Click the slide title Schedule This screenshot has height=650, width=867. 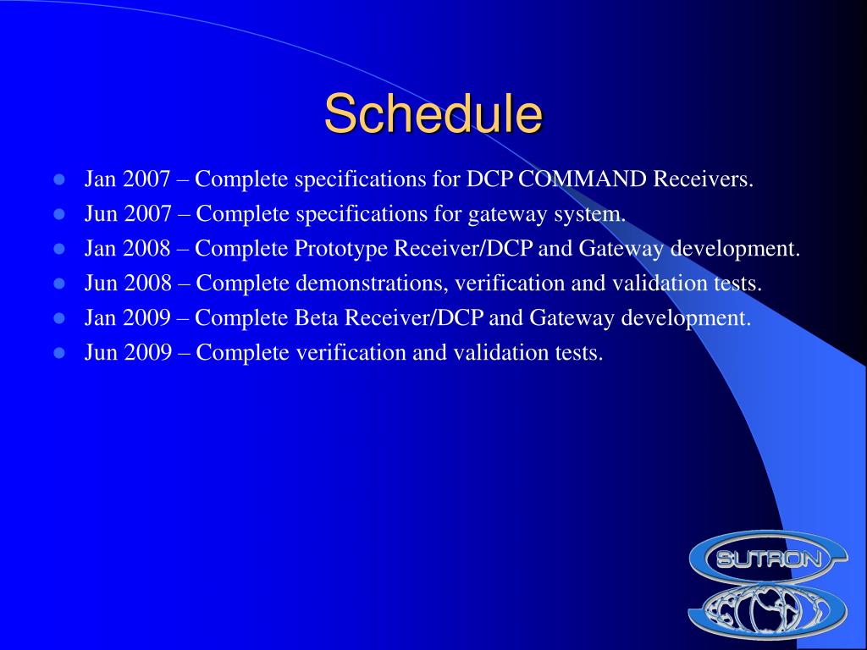click(433, 113)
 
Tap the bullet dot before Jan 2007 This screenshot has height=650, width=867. click(59, 179)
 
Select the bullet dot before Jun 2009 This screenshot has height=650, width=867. click(59, 353)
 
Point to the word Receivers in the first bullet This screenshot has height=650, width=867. click(703, 179)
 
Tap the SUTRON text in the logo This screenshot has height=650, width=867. click(768, 559)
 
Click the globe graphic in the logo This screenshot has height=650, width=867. click(767, 609)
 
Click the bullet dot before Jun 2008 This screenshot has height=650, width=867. click(59, 284)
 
